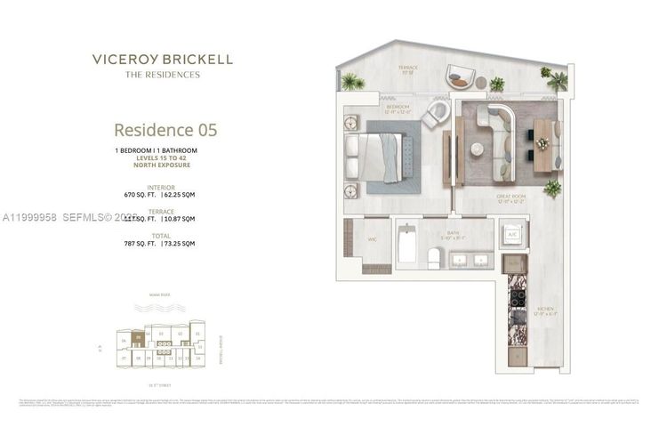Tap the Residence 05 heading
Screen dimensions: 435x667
pyautogui.click(x=165, y=130)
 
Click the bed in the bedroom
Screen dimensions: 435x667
pyautogui.click(x=379, y=157)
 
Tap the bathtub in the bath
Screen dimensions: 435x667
pyautogui.click(x=407, y=243)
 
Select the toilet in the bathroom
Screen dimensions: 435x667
pyautogui.click(x=433, y=258)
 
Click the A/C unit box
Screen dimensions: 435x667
pyautogui.click(x=513, y=234)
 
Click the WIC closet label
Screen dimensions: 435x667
pyautogui.click(x=371, y=238)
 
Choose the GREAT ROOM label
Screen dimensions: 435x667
pyautogui.click(x=510, y=200)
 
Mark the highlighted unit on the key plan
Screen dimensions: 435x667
pyautogui.click(x=138, y=338)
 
